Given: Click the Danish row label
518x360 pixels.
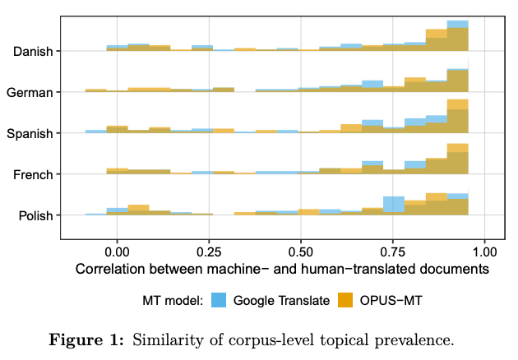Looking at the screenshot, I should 34,52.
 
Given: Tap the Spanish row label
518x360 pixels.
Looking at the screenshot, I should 31,134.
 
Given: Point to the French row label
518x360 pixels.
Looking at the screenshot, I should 34,174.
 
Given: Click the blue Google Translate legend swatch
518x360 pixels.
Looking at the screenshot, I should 219,301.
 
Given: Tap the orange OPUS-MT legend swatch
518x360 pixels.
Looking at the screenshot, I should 345,301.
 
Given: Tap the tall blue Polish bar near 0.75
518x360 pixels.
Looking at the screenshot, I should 394,205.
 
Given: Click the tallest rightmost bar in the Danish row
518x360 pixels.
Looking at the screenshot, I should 457,36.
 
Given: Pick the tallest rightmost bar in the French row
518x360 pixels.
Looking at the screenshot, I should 457,159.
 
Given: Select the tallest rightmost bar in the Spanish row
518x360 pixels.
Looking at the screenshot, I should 457,116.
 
